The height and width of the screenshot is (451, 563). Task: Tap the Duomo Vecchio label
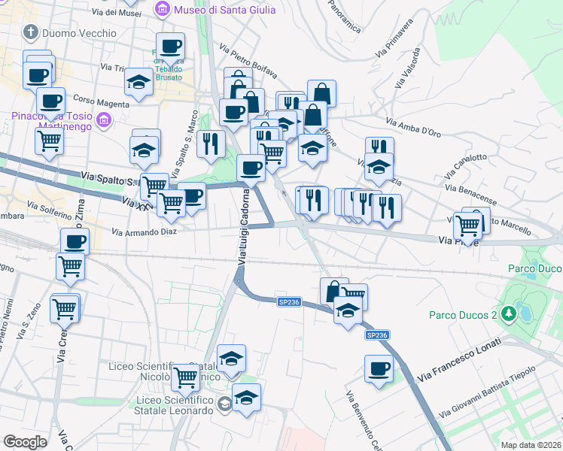[x=80, y=33]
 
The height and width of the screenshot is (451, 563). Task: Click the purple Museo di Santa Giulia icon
[x=161, y=10]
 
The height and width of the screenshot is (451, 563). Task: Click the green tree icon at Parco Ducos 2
[x=510, y=311]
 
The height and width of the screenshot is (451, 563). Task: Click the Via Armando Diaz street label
[x=144, y=232]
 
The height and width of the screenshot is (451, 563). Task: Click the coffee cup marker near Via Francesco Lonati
[x=379, y=369]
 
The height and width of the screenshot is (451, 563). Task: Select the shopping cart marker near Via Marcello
[x=468, y=225]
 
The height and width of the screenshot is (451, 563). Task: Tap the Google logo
[x=25, y=442]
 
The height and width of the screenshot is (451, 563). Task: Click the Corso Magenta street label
[x=96, y=100]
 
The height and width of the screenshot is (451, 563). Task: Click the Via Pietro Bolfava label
[x=248, y=62]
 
